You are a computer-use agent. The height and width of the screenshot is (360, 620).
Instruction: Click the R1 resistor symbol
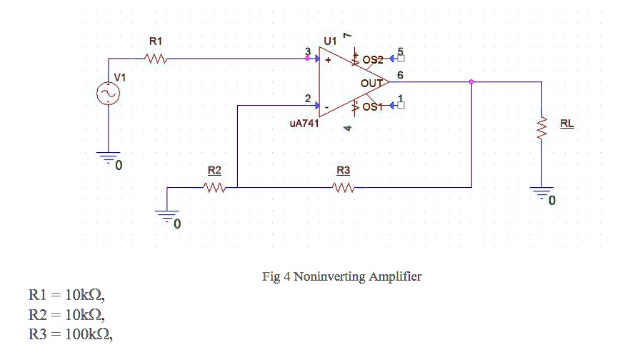coord(156,60)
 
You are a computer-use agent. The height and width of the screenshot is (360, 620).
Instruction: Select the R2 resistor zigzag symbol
coord(214,188)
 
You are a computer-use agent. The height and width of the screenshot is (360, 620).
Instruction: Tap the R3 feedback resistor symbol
coord(344,188)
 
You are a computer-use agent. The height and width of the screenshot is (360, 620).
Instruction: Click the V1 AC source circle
coord(109,94)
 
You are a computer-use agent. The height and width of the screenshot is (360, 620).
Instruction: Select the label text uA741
coord(304,123)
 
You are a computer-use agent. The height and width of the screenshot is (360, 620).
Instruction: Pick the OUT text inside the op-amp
coord(371,84)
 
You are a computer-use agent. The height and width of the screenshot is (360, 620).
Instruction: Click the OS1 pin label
coord(374,107)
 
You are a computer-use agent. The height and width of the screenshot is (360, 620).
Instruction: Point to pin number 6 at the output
coord(400,74)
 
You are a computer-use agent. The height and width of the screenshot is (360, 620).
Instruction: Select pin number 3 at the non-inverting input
coord(308,51)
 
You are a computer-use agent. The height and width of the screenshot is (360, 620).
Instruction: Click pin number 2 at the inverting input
coord(308,98)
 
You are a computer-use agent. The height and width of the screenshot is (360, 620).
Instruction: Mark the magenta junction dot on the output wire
coord(471,81)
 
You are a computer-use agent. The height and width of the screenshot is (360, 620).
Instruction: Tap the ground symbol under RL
coord(542,191)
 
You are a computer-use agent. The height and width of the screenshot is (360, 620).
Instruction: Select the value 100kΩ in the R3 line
coord(86,334)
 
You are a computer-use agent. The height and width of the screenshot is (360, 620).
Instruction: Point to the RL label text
coord(566,124)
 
